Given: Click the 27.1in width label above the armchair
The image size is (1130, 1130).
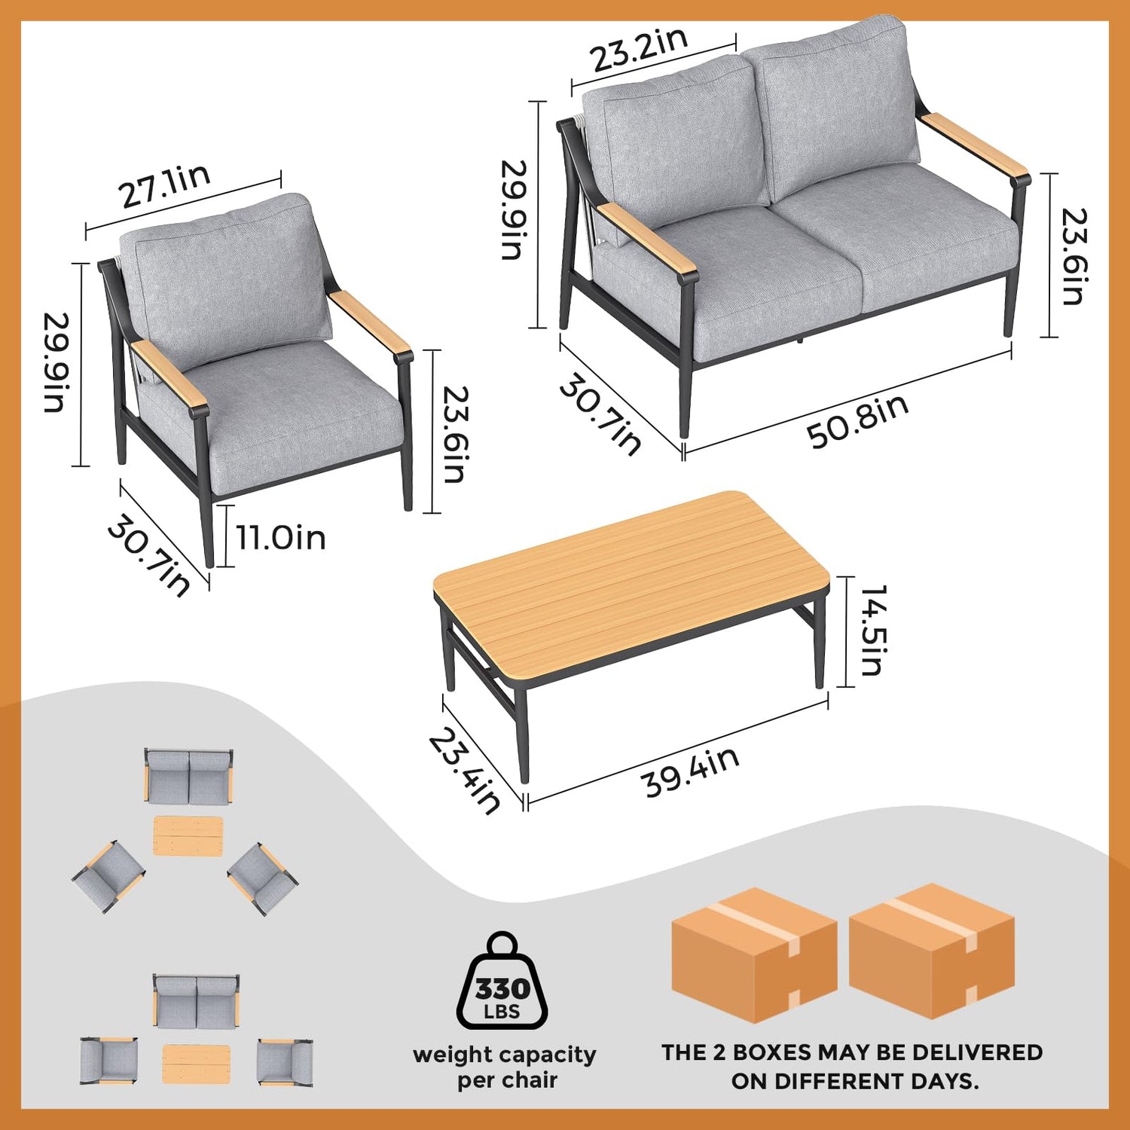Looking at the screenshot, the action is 164,185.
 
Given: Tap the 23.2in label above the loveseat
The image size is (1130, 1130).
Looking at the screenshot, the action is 639,49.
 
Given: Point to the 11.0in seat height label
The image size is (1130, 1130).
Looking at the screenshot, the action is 281,538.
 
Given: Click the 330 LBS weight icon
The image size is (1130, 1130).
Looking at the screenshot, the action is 502,981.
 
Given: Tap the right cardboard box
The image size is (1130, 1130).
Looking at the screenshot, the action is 932,951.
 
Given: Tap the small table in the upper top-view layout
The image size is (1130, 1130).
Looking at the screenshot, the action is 188,836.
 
